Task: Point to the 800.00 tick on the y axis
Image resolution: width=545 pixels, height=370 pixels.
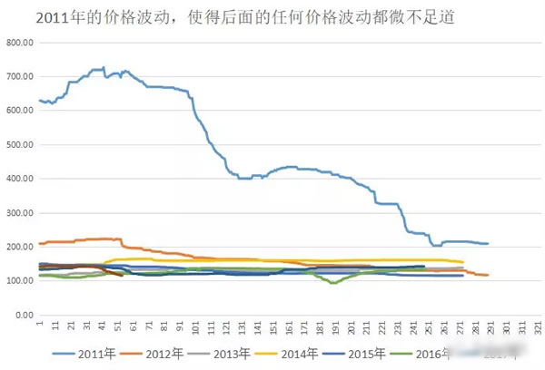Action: click(19, 43)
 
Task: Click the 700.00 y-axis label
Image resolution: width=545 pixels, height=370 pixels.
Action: click(19, 76)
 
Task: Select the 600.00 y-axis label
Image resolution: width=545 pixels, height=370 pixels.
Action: click(19, 111)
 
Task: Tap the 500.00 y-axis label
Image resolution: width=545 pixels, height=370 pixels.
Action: click(19, 144)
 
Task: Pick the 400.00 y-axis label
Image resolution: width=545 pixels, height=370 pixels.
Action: click(19, 179)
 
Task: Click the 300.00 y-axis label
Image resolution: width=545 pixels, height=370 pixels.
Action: click(19, 212)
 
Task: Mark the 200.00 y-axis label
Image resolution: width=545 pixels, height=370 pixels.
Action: click(19, 247)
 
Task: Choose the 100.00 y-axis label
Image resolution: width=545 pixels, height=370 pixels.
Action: click(19, 280)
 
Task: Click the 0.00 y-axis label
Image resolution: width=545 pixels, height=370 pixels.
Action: click(23, 315)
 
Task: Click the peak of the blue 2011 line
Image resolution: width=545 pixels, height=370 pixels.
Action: click(104, 67)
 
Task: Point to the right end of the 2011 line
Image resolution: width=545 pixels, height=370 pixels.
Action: click(489, 244)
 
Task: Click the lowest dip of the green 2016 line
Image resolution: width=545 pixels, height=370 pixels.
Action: click(333, 283)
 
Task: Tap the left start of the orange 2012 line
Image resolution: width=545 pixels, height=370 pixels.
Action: click(40, 243)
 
